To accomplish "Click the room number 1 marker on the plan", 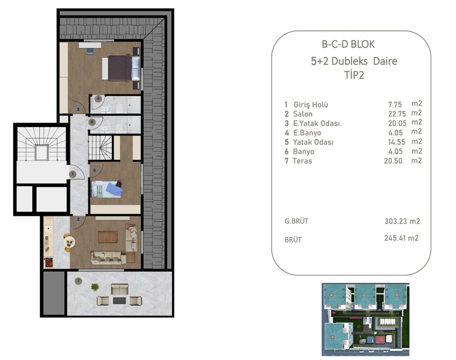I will pos(72,175).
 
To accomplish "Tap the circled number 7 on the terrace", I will pos(78,281).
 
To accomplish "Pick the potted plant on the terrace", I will pos(95,287).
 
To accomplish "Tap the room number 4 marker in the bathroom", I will pos(98,99).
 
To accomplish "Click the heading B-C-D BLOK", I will pos(348,45).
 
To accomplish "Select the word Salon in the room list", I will pos(303,114).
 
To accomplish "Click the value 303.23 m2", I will pos(402,222).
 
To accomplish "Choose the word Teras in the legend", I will pos(302,161).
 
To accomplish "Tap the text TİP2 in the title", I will pos(354,76).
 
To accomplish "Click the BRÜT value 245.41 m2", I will pos(402,239).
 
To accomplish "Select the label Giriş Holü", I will pos(311,104).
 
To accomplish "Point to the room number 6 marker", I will pos(92,122).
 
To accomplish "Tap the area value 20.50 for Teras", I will pos(395,161).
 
